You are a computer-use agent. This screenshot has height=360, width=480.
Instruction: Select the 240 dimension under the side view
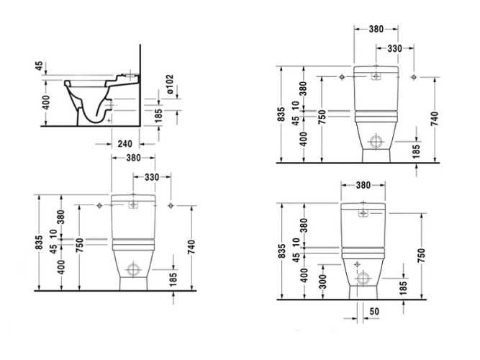[124, 143]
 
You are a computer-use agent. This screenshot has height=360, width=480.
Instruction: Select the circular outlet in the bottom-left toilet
[132, 270]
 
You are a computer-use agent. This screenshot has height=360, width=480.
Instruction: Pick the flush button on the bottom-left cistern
[132, 205]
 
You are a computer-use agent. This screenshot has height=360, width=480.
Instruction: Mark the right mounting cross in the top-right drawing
[414, 76]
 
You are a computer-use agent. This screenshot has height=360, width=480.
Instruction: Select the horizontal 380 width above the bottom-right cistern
[364, 185]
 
